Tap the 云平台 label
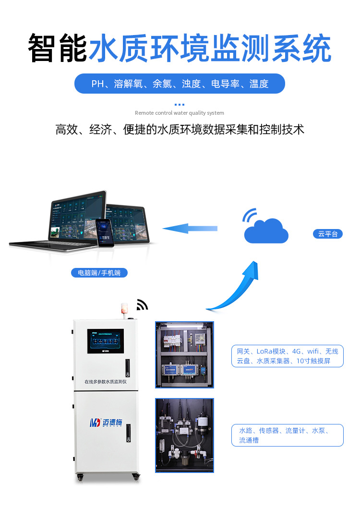coord(328,234)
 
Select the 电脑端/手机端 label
coord(99,273)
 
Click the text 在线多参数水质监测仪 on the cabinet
coord(105,382)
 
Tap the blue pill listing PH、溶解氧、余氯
coord(180,84)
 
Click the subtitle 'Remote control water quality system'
coord(180,113)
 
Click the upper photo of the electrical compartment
coord(184,354)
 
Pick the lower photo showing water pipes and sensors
coord(184,435)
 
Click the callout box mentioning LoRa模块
coord(288,356)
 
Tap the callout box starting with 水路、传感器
coord(288,435)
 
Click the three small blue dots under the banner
coord(180,104)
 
